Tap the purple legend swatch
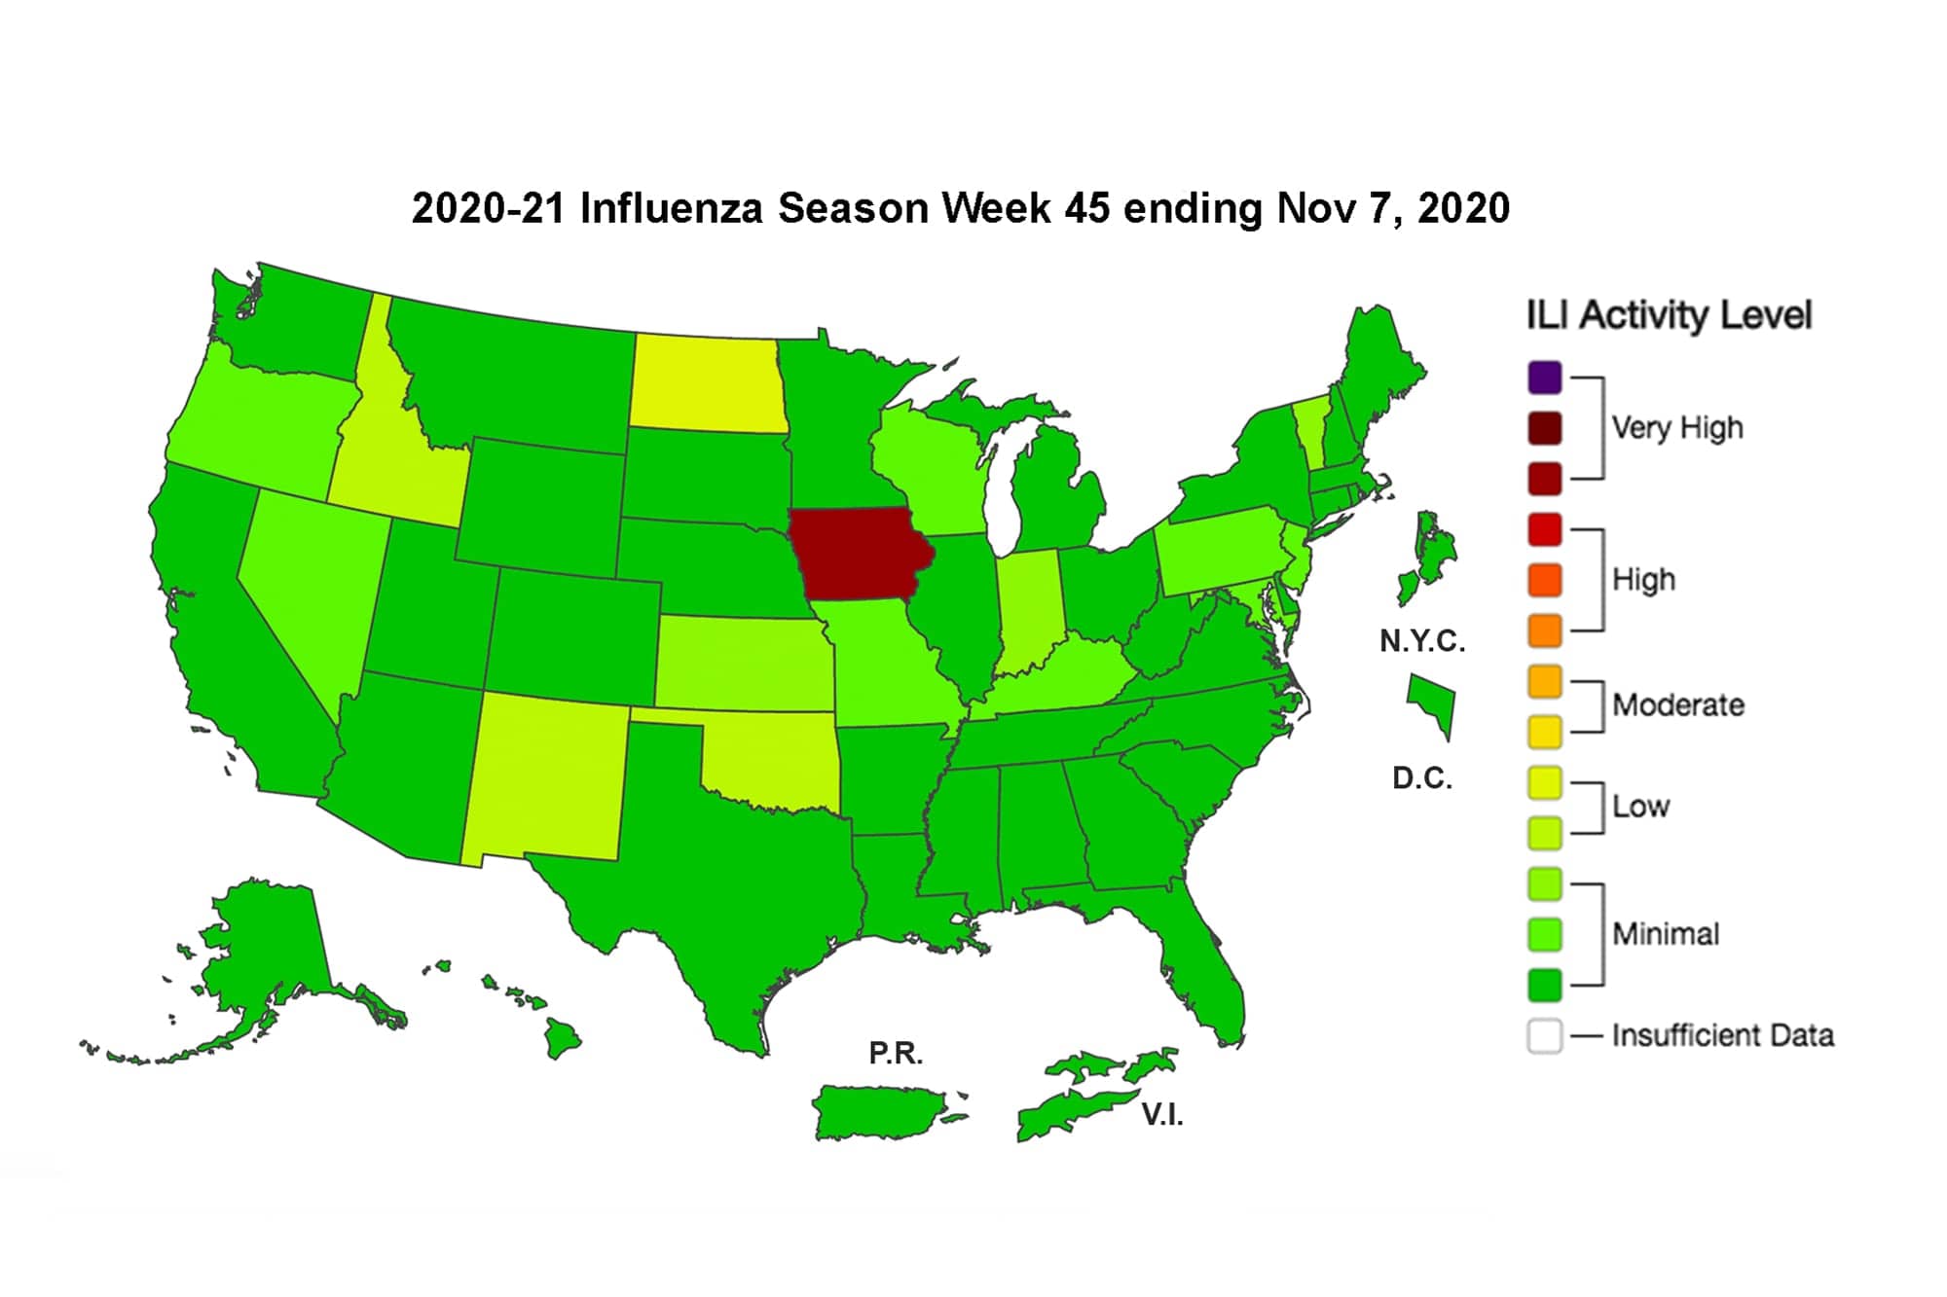(x=1545, y=378)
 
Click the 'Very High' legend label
(x=1676, y=428)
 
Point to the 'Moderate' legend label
(x=1677, y=704)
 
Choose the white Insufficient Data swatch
(x=1545, y=1035)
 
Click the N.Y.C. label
(x=1421, y=641)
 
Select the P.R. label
(x=895, y=1053)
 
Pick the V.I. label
(x=1161, y=1115)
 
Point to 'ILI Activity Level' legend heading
(x=1668, y=315)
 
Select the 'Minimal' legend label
(x=1665, y=934)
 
